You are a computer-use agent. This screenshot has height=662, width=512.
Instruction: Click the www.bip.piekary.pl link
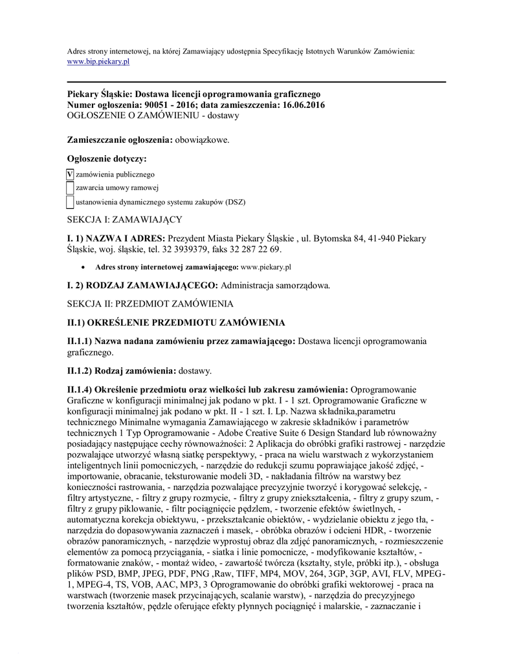99,61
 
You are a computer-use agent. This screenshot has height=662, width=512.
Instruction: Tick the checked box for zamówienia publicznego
70,175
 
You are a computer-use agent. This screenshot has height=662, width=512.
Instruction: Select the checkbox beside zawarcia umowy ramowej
70,188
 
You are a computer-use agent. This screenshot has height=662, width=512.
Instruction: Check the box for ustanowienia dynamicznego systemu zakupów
70,202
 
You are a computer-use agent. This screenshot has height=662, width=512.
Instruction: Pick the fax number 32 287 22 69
259,250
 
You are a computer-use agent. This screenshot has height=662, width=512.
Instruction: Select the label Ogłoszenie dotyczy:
107,158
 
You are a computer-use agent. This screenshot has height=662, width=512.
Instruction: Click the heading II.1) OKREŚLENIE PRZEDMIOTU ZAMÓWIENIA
176,322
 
